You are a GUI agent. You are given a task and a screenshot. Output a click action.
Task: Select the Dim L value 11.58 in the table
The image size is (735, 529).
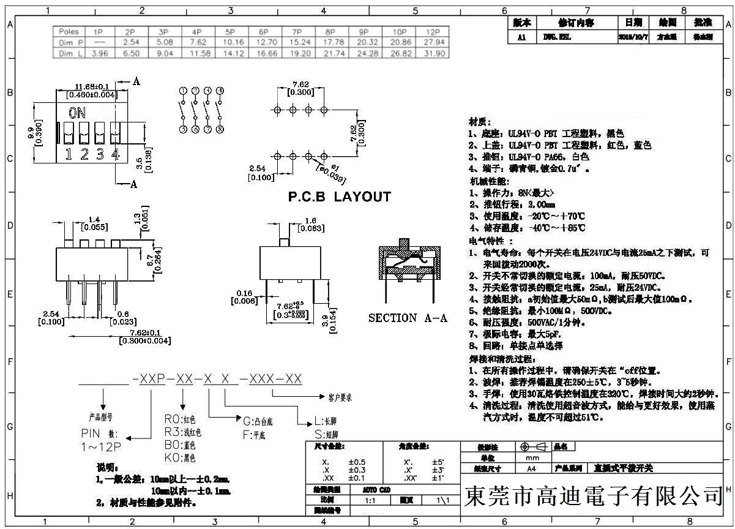pyautogui.click(x=196, y=53)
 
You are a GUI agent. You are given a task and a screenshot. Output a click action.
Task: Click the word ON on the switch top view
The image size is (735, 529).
pyautogui.click(x=77, y=113)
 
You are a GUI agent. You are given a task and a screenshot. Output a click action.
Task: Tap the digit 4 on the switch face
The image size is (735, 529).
pyautogui.click(x=114, y=154)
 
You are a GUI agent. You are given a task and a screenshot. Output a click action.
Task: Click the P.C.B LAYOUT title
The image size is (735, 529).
pyautogui.click(x=339, y=197)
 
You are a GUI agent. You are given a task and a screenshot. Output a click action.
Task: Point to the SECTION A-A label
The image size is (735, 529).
pyautogui.click(x=408, y=318)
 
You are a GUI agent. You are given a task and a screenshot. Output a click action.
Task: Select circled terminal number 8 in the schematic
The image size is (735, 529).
pyautogui.click(x=220, y=129)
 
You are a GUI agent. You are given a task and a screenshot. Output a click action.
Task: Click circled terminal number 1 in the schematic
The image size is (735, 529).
pyautogui.click(x=183, y=91)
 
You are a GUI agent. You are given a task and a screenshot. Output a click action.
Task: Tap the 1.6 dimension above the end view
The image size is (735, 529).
pyautogui.click(x=310, y=220)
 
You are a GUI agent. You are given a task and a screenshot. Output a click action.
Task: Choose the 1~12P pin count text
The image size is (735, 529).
pyautogui.click(x=101, y=448)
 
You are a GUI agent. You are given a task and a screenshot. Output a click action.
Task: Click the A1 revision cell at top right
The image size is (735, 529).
pyautogui.click(x=522, y=37)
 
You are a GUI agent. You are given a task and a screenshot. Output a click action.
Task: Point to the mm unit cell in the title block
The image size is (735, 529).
pyautogui.click(x=532, y=458)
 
